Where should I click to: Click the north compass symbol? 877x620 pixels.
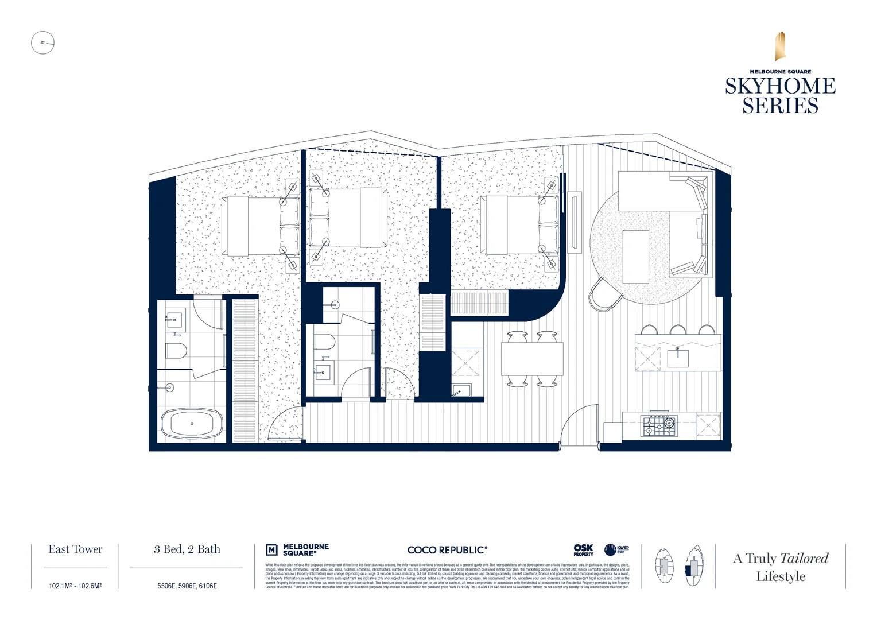click(42, 42)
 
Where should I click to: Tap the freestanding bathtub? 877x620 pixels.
click(192, 424)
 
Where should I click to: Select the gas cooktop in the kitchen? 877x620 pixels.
click(659, 425)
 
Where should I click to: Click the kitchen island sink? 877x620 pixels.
click(678, 357)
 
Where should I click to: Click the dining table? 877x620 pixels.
click(532, 359)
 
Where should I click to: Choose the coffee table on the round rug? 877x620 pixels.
click(636, 256)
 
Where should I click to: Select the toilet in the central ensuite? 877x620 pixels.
click(325, 342)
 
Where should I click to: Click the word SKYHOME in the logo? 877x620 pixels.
click(780, 86)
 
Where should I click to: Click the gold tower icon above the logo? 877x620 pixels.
click(780, 46)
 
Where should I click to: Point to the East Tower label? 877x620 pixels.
click(75, 549)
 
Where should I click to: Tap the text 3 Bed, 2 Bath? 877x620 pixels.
click(187, 549)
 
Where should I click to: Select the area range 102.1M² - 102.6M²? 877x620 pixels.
click(75, 586)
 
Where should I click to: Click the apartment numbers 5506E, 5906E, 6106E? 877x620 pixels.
click(187, 586)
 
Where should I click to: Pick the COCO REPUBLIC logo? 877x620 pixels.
click(447, 550)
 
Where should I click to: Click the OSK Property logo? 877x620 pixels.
click(583, 550)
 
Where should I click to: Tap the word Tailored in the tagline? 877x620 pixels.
click(804, 558)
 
